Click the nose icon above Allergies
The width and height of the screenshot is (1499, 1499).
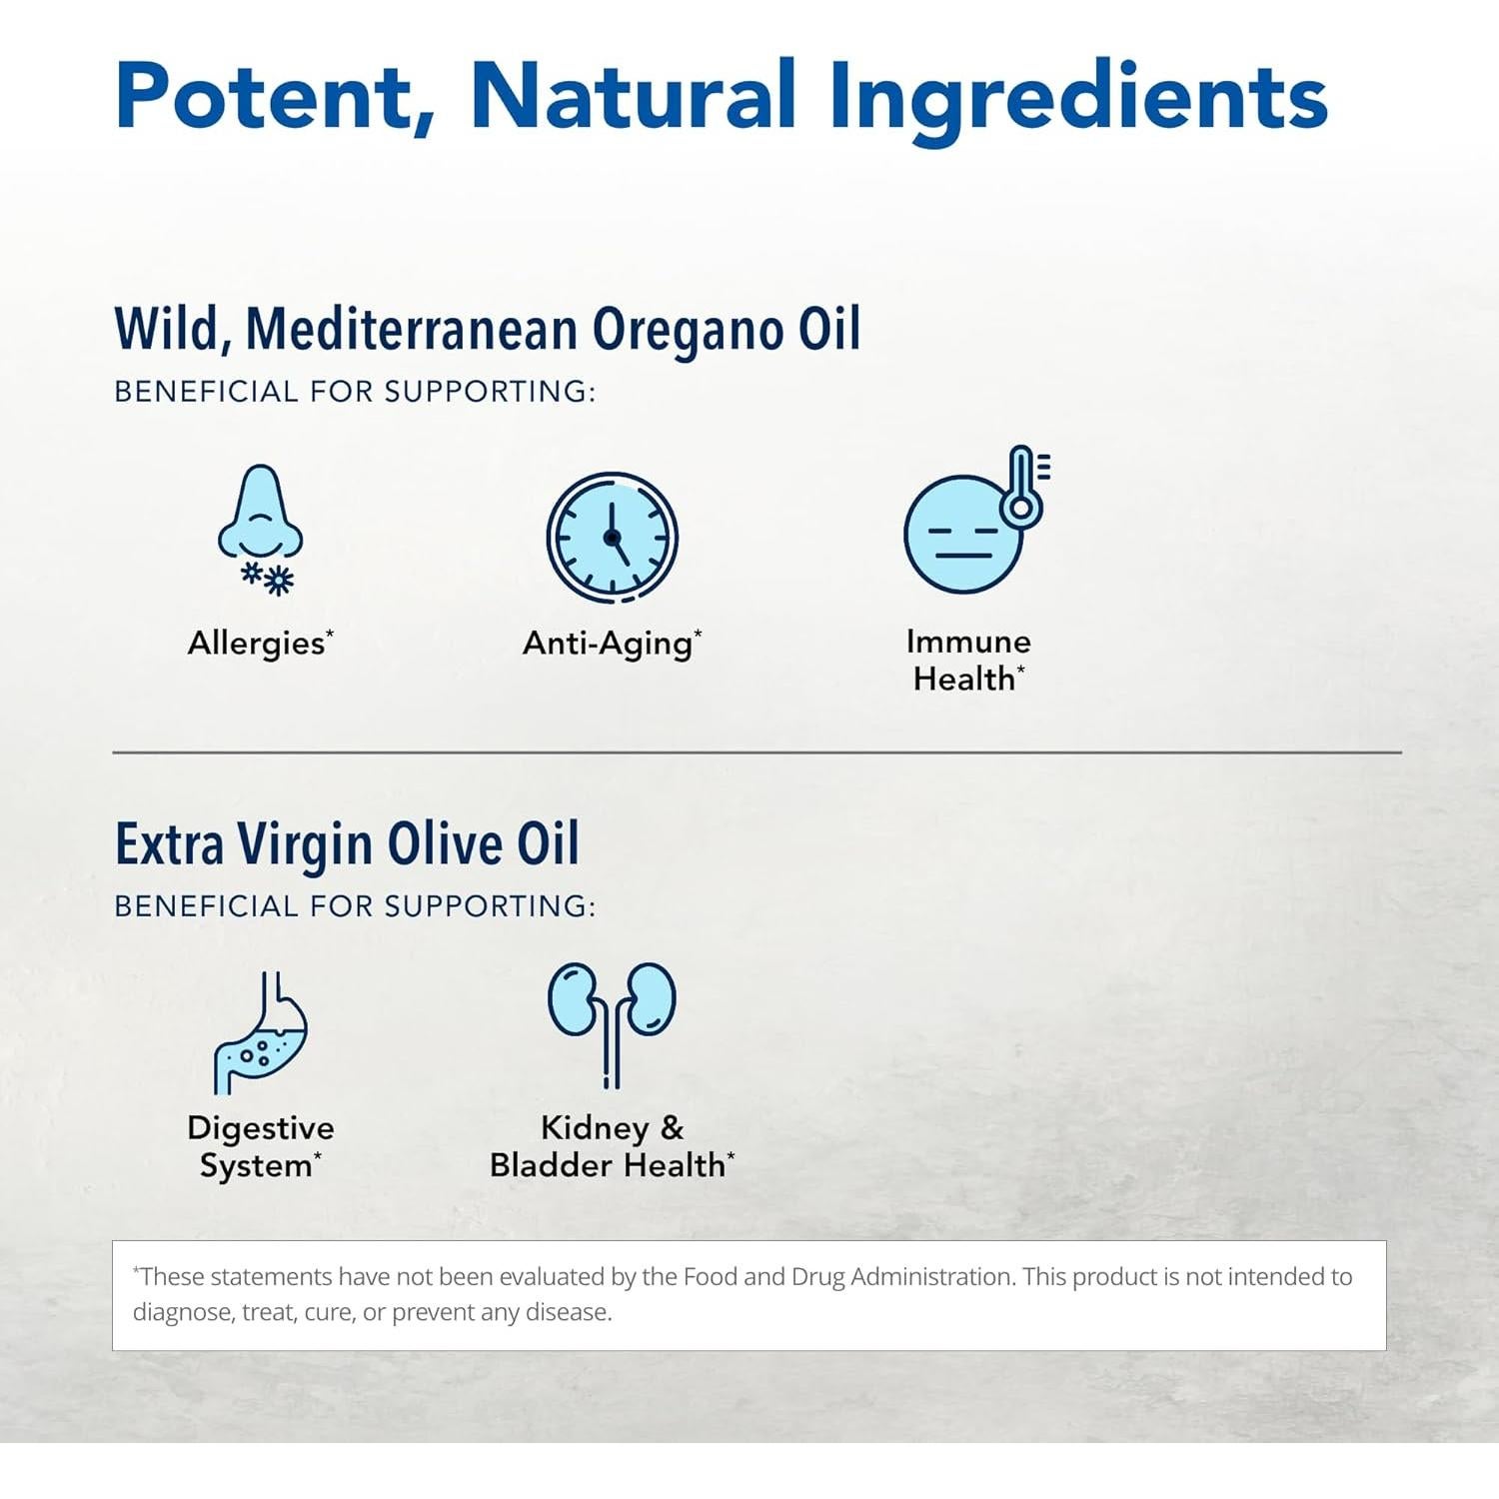pos(261,515)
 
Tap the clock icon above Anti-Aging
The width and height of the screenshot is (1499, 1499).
pos(612,538)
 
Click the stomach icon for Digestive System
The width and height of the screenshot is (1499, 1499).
pos(261,1033)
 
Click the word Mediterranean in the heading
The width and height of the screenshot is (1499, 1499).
pos(411,329)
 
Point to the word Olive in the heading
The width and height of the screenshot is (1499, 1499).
pos(445,844)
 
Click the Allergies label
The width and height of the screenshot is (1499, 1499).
pos(257,644)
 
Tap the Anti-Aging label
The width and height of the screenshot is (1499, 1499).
pos(609,644)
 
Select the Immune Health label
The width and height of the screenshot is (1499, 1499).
pos(967,661)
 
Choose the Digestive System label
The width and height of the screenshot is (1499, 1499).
pos(260,1146)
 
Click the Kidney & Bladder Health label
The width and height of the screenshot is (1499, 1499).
pos(611,1146)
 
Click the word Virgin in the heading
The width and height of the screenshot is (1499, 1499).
pos(305,844)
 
